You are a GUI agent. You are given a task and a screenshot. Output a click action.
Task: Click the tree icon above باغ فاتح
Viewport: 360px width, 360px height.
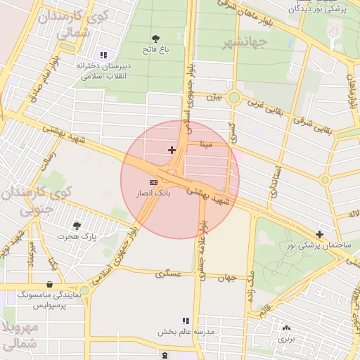coord(155,39)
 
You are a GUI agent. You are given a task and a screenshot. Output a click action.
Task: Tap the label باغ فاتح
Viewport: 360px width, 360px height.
coord(155,51)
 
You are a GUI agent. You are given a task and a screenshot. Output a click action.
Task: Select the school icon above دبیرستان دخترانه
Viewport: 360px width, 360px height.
coord(104,55)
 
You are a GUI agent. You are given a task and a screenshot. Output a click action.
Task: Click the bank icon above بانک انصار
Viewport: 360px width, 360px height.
coord(154,182)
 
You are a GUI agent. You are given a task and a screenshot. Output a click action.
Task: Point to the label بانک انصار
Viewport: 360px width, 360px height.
coord(153,192)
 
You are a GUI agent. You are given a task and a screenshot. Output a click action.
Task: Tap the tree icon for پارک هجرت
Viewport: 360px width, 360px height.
coord(77,226)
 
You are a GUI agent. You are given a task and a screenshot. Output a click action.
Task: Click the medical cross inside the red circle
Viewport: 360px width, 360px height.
coord(172,150)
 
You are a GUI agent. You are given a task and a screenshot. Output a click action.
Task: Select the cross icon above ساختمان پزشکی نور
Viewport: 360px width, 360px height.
coord(320,234)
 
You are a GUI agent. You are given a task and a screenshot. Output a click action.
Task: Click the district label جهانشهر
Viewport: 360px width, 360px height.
coord(245,43)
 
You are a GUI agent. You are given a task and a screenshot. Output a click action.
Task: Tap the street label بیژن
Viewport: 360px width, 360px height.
coord(213,96)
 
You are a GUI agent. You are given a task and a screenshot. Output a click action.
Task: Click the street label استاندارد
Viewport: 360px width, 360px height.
coord(276,181)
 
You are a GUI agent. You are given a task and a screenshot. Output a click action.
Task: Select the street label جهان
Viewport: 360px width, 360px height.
coord(226,278)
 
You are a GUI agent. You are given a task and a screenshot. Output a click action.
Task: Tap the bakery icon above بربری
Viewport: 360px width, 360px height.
coord(286,328)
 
